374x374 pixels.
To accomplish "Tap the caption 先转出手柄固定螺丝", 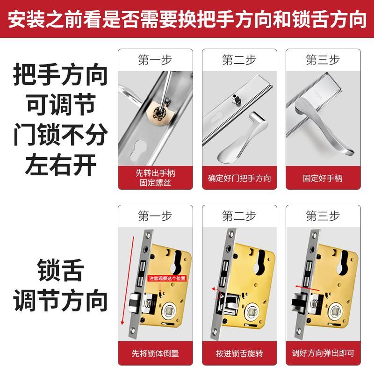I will [x=155, y=178].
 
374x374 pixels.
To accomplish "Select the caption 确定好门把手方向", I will [x=239, y=178].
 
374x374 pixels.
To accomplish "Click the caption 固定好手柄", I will [x=323, y=178].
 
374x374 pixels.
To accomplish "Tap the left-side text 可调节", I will [x=61, y=105].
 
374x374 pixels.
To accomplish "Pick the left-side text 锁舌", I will [x=61, y=271].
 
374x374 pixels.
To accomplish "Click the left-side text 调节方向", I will [x=61, y=302].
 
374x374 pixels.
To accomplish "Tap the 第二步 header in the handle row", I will [x=239, y=60].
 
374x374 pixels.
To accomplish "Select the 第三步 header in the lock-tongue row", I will [x=323, y=216].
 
